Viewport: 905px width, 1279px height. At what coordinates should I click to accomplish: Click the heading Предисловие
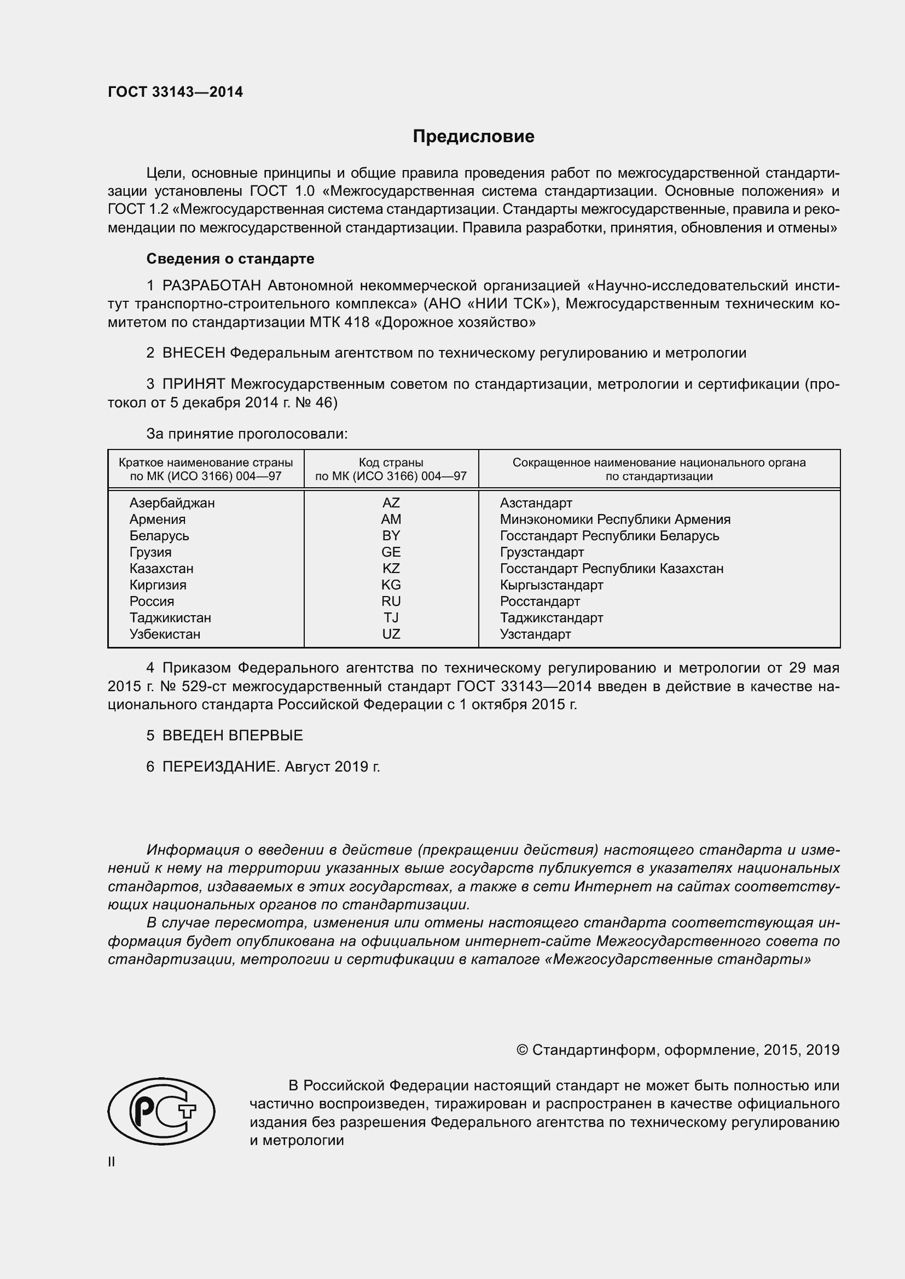click(x=473, y=137)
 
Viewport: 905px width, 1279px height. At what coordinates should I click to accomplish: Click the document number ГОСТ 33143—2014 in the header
click(x=176, y=92)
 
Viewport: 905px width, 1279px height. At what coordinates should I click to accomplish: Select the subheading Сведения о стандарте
click(x=230, y=259)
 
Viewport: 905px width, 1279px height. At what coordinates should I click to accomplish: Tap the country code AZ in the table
click(x=391, y=503)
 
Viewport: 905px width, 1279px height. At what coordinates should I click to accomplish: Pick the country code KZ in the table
click(x=391, y=568)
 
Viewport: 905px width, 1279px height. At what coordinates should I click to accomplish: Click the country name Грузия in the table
click(x=150, y=552)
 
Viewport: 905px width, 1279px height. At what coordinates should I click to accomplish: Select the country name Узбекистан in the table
click(x=165, y=634)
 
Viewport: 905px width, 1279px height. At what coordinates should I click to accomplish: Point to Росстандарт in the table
click(x=539, y=601)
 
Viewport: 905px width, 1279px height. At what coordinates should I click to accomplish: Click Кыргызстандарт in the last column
click(x=551, y=585)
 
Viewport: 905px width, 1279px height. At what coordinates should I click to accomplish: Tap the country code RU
click(x=391, y=601)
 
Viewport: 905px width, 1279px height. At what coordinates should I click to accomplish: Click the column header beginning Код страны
click(x=391, y=469)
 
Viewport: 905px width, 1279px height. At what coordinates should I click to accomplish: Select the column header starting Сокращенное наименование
click(x=659, y=469)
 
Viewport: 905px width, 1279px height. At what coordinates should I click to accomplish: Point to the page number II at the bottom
click(x=112, y=1161)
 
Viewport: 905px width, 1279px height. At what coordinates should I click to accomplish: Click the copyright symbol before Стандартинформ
click(x=521, y=1050)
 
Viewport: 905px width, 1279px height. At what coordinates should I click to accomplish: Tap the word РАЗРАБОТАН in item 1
click(x=211, y=286)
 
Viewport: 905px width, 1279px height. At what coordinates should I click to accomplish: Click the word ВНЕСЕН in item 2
click(x=193, y=353)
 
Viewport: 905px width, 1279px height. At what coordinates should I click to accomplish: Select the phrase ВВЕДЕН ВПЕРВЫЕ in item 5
click(x=233, y=735)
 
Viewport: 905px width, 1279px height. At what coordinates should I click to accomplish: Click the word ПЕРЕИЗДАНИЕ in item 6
click(x=219, y=767)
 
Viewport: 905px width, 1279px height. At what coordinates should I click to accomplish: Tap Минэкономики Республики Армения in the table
click(x=614, y=519)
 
